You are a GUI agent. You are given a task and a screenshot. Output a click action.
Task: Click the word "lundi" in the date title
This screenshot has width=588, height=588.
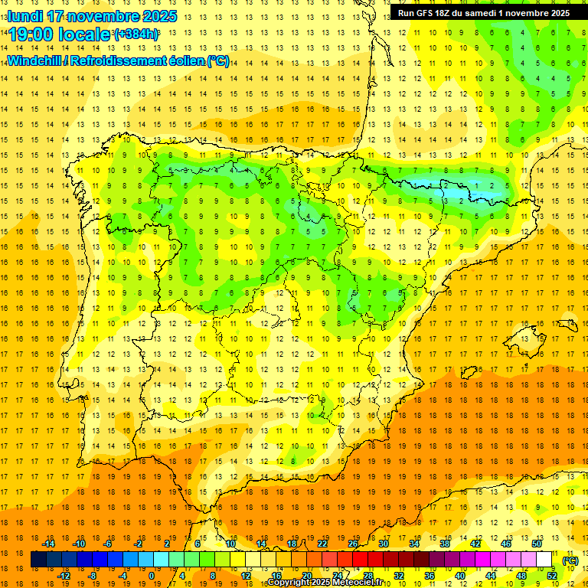click(24, 16)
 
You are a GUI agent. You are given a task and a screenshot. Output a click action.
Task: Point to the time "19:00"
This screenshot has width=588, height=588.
click(34, 34)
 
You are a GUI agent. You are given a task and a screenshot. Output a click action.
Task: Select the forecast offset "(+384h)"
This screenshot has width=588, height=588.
click(136, 34)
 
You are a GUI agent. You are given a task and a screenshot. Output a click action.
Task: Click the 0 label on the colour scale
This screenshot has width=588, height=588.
click(152, 576)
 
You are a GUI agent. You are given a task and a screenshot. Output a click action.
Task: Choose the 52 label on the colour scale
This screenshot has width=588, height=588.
click(551, 576)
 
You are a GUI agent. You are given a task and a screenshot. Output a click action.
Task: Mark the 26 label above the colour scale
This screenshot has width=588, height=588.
click(353, 544)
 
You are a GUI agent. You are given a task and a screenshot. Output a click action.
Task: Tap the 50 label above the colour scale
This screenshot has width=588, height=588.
click(536, 544)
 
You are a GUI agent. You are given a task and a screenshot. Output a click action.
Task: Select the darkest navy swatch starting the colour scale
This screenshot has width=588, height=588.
click(38, 560)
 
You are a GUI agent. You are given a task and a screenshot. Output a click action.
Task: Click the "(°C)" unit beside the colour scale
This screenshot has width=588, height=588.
click(570, 560)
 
